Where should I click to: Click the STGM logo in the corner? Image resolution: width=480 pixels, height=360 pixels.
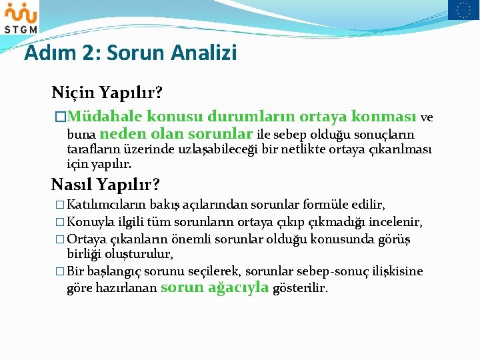[x=20, y=17]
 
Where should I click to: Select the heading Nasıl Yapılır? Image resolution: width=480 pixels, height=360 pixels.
[x=106, y=183]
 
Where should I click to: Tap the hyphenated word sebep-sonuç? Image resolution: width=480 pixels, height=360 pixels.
[x=340, y=271]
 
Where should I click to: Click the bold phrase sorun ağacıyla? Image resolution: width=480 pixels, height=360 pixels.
[x=215, y=287]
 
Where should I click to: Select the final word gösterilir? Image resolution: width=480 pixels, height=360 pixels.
[x=301, y=288]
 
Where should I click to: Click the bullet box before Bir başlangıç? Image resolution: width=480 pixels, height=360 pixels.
[x=60, y=271]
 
